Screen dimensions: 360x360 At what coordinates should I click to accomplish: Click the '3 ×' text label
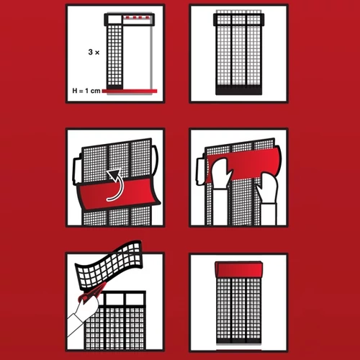[x=94, y=52]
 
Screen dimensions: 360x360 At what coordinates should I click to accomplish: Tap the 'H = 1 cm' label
[x=86, y=91]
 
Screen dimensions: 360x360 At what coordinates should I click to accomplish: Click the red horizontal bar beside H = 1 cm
[x=130, y=91]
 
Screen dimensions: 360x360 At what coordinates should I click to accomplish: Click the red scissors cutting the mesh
[x=90, y=292]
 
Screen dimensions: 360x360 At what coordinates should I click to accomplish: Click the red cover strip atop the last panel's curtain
[x=238, y=269]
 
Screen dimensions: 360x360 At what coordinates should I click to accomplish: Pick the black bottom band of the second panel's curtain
[x=238, y=90]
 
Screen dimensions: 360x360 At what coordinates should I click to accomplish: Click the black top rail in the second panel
[x=238, y=19]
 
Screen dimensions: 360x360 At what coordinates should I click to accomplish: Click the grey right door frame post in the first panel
[x=151, y=56]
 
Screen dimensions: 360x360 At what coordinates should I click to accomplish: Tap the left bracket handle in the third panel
[x=77, y=171]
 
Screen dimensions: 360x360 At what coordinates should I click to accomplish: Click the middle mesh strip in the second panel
[x=238, y=55]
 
